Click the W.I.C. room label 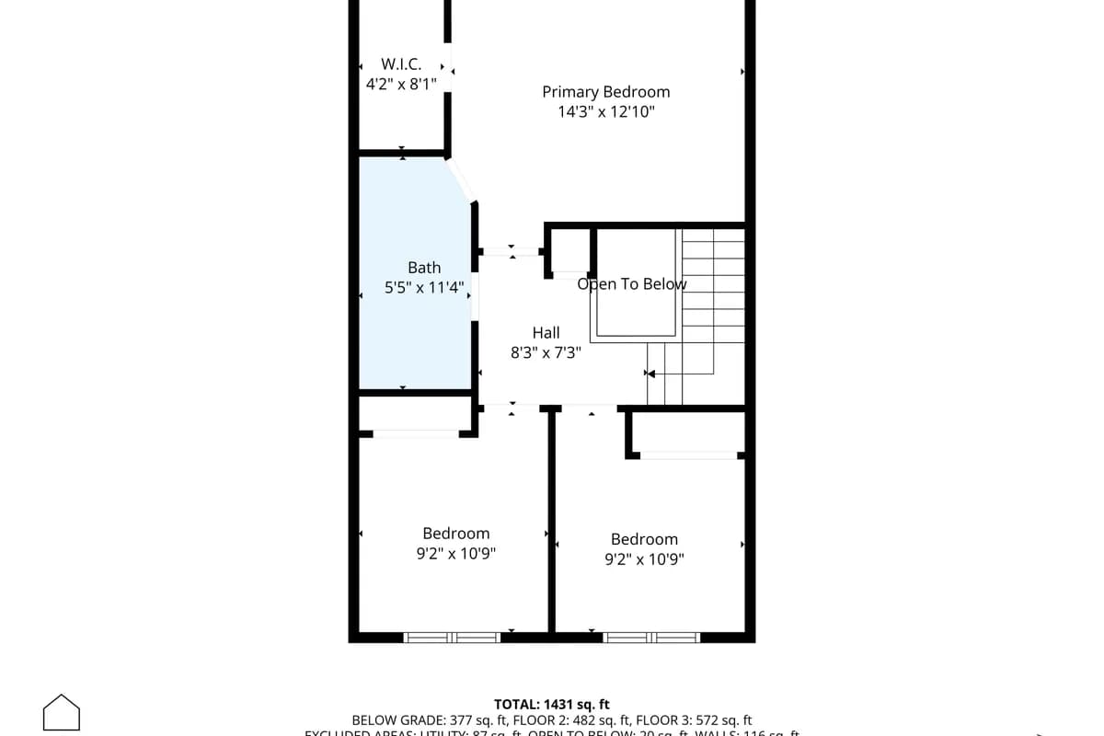click(401, 64)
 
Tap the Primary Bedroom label click(605, 92)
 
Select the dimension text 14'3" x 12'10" click(605, 112)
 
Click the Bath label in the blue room click(424, 268)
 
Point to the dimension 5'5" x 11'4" click(424, 288)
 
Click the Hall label click(546, 333)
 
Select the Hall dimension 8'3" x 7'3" click(546, 352)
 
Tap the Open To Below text click(632, 284)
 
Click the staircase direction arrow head click(650, 374)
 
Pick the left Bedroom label click(456, 534)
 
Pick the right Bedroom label click(644, 539)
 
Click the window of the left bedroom click(452, 637)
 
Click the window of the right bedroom click(651, 637)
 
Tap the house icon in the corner click(62, 713)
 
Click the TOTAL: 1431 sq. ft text click(552, 705)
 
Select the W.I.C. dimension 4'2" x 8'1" click(401, 84)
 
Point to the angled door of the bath click(462, 181)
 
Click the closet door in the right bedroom click(690, 454)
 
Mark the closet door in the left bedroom click(416, 433)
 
